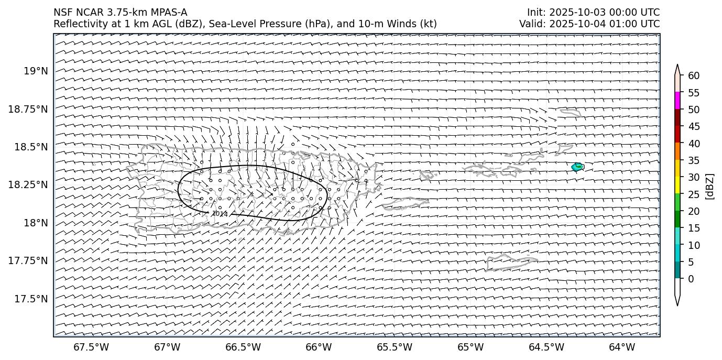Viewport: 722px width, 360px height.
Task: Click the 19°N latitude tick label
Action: click(x=37, y=71)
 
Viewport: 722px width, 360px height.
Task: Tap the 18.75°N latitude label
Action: click(x=29, y=109)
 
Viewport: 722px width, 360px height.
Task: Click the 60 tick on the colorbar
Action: click(x=693, y=76)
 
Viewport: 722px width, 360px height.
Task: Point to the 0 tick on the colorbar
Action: click(x=691, y=279)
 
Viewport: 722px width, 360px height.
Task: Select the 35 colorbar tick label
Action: click(x=693, y=160)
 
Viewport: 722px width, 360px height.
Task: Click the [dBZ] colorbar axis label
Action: click(x=710, y=186)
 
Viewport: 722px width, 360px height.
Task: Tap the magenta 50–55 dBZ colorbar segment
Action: click(x=677, y=101)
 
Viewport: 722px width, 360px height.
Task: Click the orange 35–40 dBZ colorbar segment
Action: click(x=677, y=151)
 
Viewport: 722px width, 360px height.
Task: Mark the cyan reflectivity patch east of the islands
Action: click(x=577, y=167)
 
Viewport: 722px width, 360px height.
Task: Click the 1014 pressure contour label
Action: click(x=220, y=214)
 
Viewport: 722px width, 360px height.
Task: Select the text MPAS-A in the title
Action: click(x=169, y=13)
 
